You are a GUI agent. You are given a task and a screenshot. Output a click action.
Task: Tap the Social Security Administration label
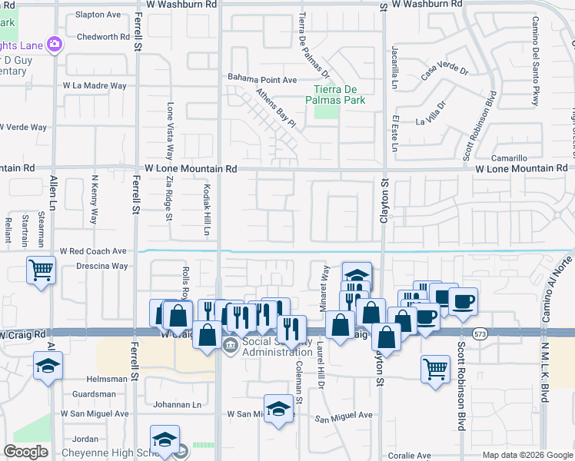[268, 347]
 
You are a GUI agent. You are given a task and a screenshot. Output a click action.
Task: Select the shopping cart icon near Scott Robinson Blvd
[435, 368]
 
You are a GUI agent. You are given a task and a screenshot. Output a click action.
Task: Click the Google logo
[25, 452]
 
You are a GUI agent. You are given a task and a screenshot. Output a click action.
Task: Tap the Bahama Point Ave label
[262, 79]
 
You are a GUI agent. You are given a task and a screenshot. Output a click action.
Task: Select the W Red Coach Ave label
[95, 251]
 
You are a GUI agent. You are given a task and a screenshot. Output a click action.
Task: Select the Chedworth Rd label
[103, 37]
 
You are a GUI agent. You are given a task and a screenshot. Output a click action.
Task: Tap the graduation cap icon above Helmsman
[48, 366]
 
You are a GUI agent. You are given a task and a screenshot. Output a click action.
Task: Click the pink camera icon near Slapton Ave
[54, 45]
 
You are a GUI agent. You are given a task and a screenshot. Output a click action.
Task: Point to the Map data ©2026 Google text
[527, 455]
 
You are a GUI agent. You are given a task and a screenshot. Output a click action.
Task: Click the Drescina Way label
[101, 267]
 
